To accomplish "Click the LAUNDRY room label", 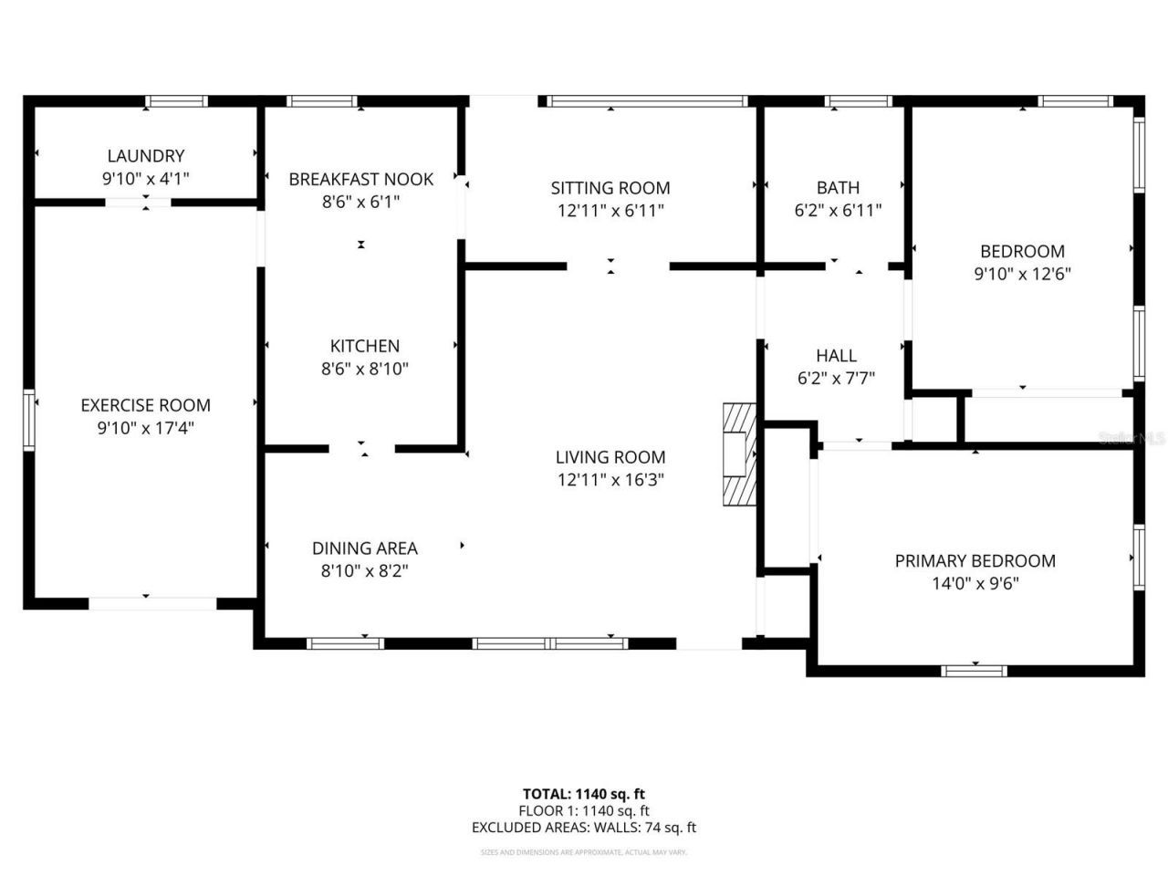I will (146, 156).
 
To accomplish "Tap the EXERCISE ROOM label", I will (146, 405).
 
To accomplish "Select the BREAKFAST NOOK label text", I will (361, 179).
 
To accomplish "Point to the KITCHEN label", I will (365, 346).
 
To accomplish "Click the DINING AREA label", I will (365, 548).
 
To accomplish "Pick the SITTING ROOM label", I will (610, 188).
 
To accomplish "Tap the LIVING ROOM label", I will (610, 457).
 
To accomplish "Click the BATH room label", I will (838, 187).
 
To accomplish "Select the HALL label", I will (836, 356).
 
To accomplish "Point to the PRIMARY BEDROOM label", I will (975, 561).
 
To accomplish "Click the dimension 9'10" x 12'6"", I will (1022, 273).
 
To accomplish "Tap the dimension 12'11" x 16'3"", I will (610, 480).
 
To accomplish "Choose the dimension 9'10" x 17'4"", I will (146, 428).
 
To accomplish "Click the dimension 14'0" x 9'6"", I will (975, 584).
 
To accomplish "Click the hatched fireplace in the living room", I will (740, 454).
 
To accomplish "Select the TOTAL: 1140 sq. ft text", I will (583, 794).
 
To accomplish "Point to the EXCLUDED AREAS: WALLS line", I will (583, 828).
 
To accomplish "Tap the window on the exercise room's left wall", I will (29, 421).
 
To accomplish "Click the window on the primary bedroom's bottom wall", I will (975, 671).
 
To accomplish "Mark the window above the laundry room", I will (177, 101).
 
